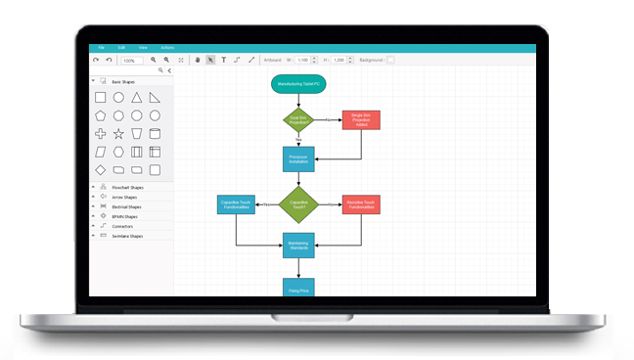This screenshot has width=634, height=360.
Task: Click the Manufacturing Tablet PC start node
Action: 298,85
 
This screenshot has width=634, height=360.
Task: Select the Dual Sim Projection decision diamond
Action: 298,120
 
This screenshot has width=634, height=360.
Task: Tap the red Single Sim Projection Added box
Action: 361,120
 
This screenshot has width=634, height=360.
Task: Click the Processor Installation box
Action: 298,158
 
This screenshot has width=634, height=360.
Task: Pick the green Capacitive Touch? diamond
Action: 298,204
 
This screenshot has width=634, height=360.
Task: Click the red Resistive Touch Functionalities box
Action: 361,204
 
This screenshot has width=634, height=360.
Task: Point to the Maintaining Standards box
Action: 298,247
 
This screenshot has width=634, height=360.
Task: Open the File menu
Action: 100,47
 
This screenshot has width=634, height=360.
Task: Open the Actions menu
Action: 167,47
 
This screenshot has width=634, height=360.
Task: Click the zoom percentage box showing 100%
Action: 130,61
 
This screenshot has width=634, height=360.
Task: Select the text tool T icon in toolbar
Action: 223,60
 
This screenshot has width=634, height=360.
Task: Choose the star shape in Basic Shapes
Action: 118,134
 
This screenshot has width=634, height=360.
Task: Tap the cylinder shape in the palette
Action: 155,134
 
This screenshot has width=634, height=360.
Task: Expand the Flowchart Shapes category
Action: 126,188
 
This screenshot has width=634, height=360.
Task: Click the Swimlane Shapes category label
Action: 127,236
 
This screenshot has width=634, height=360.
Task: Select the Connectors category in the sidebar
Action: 122,226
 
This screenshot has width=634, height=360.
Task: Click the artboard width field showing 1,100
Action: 302,61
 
